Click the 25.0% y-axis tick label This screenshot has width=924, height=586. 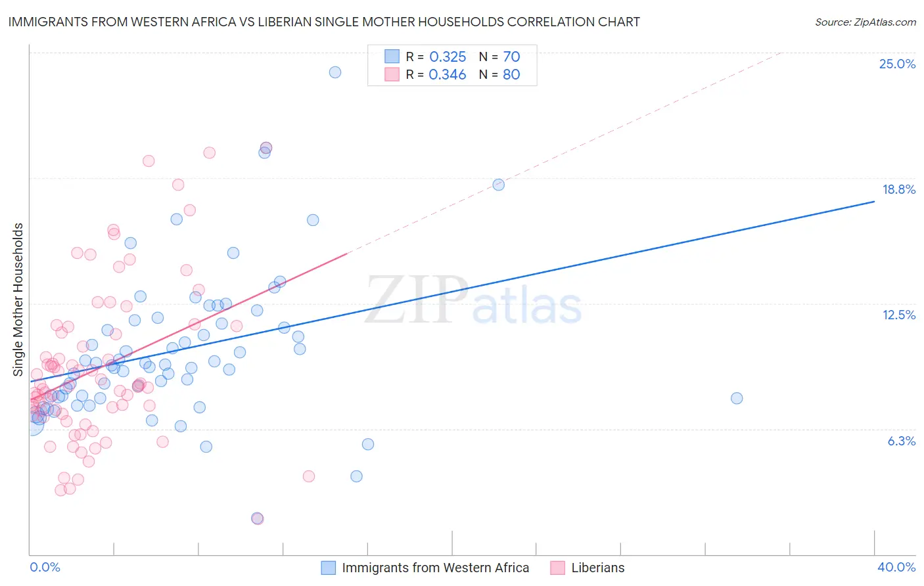tap(897, 64)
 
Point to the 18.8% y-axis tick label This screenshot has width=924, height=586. tap(898, 189)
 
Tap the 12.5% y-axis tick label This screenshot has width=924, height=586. tap(898, 315)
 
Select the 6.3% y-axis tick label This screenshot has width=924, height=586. tap(901, 441)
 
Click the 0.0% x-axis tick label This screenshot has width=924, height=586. tap(45, 567)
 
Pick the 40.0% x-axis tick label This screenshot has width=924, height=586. tap(896, 567)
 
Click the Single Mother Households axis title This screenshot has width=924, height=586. tap(18, 300)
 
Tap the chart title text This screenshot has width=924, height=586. tap(323, 22)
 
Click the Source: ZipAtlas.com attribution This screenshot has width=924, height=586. tap(865, 22)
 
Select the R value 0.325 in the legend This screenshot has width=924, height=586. tap(447, 56)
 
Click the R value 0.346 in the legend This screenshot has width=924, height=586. tap(447, 74)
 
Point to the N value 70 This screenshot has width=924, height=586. tap(511, 56)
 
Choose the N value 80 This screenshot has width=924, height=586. tap(511, 74)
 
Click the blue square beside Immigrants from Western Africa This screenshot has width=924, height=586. tap(328, 568)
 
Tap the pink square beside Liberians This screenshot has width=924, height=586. tap(557, 568)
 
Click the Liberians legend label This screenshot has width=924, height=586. tap(597, 568)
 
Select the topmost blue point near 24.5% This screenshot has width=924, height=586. tap(335, 72)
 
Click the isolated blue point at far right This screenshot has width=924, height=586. tap(737, 398)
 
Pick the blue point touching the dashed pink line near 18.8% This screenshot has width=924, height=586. tap(499, 185)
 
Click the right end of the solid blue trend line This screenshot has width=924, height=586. tap(874, 202)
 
